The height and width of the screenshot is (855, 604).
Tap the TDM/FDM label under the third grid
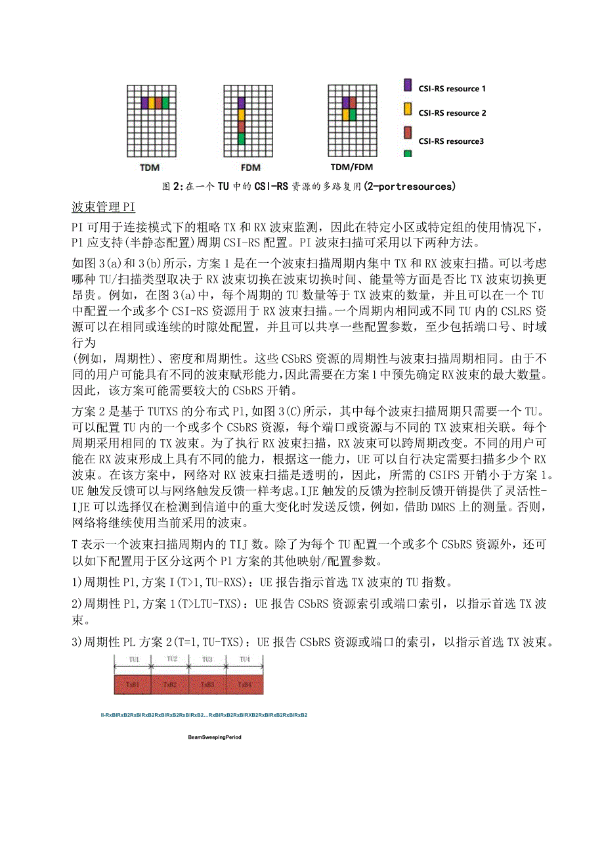(351, 168)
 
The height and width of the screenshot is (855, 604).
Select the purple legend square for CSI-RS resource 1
(407, 85)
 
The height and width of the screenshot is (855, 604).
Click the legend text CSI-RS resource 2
(452, 113)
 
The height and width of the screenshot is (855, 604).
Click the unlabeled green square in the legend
(407, 154)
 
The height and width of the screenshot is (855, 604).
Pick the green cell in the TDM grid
(165, 103)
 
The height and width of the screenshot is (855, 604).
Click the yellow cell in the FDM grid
(241, 114)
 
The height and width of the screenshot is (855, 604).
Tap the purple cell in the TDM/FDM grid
(345, 103)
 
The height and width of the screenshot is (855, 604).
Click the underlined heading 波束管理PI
(103, 208)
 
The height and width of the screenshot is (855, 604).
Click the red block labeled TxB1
(132, 684)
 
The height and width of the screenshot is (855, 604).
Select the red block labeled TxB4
(244, 684)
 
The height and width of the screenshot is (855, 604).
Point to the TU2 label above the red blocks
(171, 659)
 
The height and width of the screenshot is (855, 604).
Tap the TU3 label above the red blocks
(207, 659)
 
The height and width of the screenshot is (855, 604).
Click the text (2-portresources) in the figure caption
(408, 187)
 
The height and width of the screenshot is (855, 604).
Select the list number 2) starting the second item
(78, 604)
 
